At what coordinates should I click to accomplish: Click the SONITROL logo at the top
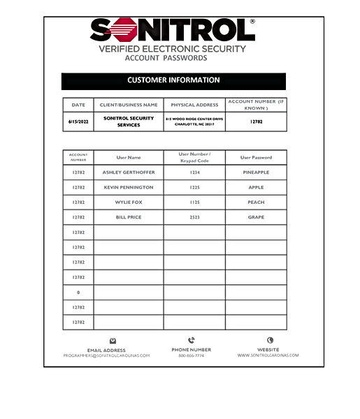coord(172,31)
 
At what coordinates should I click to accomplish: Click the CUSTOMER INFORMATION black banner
coord(173,80)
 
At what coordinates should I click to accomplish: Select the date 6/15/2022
coord(78,121)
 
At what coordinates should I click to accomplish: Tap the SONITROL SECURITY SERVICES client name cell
coord(129,122)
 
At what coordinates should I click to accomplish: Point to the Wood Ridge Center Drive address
coord(194,122)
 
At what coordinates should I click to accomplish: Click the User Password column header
coord(256,157)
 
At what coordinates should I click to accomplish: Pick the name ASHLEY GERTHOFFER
coord(129,172)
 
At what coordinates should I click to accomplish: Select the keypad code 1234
coord(194,172)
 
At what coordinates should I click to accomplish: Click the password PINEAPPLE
coord(256,172)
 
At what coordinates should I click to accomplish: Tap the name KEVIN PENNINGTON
coord(129,187)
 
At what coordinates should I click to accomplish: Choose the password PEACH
coord(256,203)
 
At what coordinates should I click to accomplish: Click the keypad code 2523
coord(194,217)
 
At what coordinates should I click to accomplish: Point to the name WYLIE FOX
coord(129,203)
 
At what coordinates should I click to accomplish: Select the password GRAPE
coord(256,217)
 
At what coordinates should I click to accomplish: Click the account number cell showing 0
coord(78,292)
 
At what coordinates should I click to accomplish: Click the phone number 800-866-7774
coord(191,355)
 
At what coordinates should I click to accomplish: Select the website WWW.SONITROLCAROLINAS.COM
coord(268,355)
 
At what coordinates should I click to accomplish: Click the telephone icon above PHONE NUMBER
coord(191,341)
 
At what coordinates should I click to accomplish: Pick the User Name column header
coord(129,157)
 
